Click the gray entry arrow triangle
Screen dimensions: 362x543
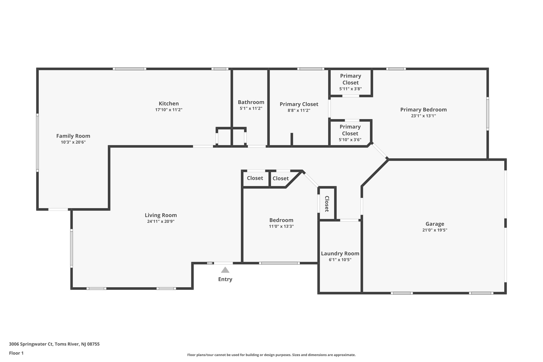click(225, 270)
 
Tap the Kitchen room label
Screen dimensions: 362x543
click(169, 103)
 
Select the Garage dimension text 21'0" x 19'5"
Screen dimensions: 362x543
click(435, 230)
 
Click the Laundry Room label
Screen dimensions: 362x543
click(340, 254)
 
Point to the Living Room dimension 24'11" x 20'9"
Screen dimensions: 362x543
click(161, 221)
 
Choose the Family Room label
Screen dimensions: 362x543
click(73, 136)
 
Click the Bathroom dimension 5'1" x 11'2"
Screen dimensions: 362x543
click(251, 108)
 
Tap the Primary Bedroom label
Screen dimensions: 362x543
click(423, 110)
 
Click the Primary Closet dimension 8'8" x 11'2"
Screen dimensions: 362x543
click(299, 111)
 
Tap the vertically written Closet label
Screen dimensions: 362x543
click(327, 204)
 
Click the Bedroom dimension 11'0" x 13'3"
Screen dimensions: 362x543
click(281, 226)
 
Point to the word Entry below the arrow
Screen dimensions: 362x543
click(225, 279)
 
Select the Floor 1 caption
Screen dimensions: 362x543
click(16, 353)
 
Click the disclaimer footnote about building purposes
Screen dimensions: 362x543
click(271, 355)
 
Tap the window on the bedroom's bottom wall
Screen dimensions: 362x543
click(279, 263)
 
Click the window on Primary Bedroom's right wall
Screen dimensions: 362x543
click(487, 114)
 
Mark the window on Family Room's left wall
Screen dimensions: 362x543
click(37, 143)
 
